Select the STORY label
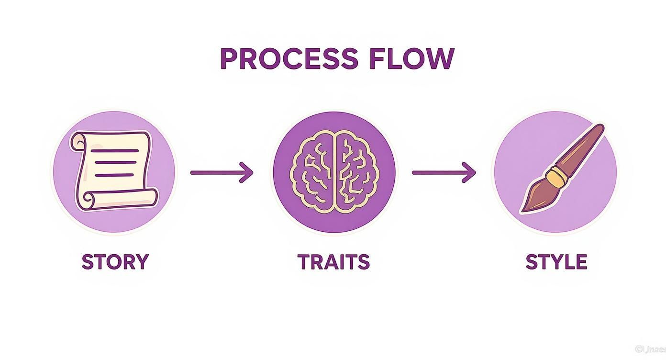click(x=115, y=262)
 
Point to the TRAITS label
click(x=333, y=262)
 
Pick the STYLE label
click(x=556, y=262)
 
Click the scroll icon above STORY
click(x=114, y=171)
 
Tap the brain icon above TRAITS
click(x=334, y=171)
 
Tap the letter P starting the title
click(x=229, y=59)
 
